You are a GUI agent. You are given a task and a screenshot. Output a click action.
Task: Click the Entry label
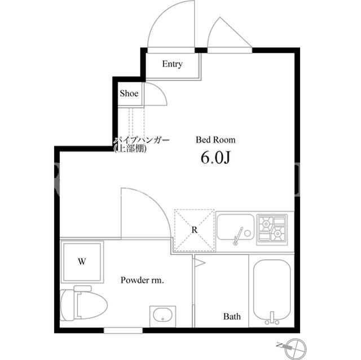coord(172,64)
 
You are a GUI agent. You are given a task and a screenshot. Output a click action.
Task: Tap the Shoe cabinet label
coord(129,93)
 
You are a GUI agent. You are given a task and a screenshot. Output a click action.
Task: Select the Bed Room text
coord(215,140)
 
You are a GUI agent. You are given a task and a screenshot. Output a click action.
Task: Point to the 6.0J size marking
coord(215,158)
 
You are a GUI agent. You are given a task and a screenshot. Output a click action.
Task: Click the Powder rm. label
coord(142,280)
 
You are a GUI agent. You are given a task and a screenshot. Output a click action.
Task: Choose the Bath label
coord(232,317)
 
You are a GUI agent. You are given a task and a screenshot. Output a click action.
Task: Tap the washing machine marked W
coord(82,261)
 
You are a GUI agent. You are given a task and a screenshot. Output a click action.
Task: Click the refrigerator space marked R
coord(195,230)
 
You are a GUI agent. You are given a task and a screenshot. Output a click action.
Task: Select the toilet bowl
coord(83,303)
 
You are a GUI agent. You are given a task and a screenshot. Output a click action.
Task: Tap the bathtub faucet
coord(272,318)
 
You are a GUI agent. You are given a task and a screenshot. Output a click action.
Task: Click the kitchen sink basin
coord(235,227)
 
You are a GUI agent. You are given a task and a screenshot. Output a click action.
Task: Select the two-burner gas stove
coord(272,229)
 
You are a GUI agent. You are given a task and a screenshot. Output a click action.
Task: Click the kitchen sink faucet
coord(237,236)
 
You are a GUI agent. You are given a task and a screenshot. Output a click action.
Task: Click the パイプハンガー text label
coord(142,140)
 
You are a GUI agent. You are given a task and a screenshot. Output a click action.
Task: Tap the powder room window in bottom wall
coord(123,330)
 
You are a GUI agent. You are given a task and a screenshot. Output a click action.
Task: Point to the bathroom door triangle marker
coord(199,263)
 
